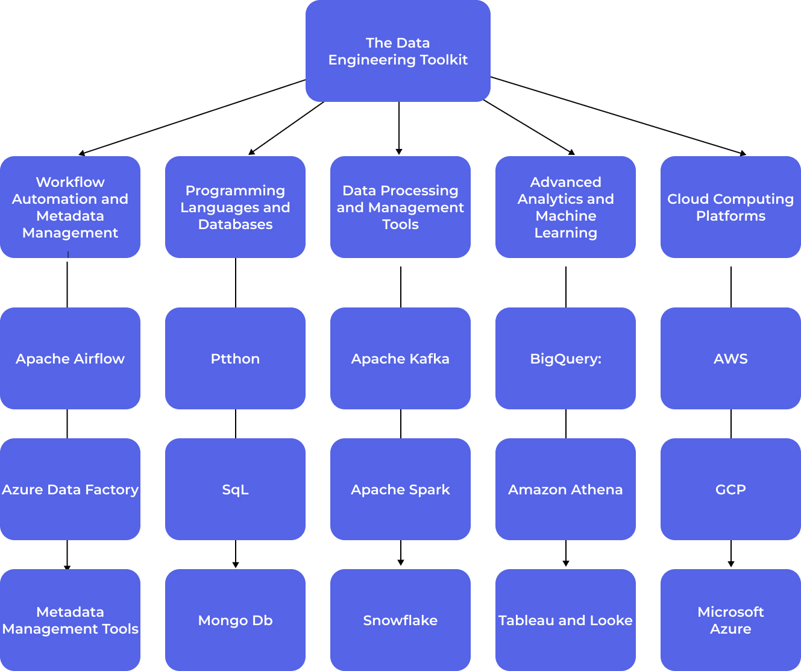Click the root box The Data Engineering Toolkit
[398, 51]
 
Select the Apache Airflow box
[70, 359]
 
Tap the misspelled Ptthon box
[235, 359]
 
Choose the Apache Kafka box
[400, 359]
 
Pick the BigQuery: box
[565, 359]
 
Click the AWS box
[730, 359]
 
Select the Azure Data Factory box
[70, 490]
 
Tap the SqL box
[235, 490]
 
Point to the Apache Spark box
[400, 490]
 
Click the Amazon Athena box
[565, 490]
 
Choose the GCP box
[730, 490]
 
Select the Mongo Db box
[235, 620]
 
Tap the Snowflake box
[400, 620]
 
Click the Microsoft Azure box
[730, 620]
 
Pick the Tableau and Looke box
[565, 620]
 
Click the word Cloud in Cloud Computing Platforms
[686, 199]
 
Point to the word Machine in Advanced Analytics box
[565, 216]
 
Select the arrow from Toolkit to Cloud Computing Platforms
[618, 116]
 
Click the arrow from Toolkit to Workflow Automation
[193, 117]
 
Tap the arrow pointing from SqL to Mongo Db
[236, 553]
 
